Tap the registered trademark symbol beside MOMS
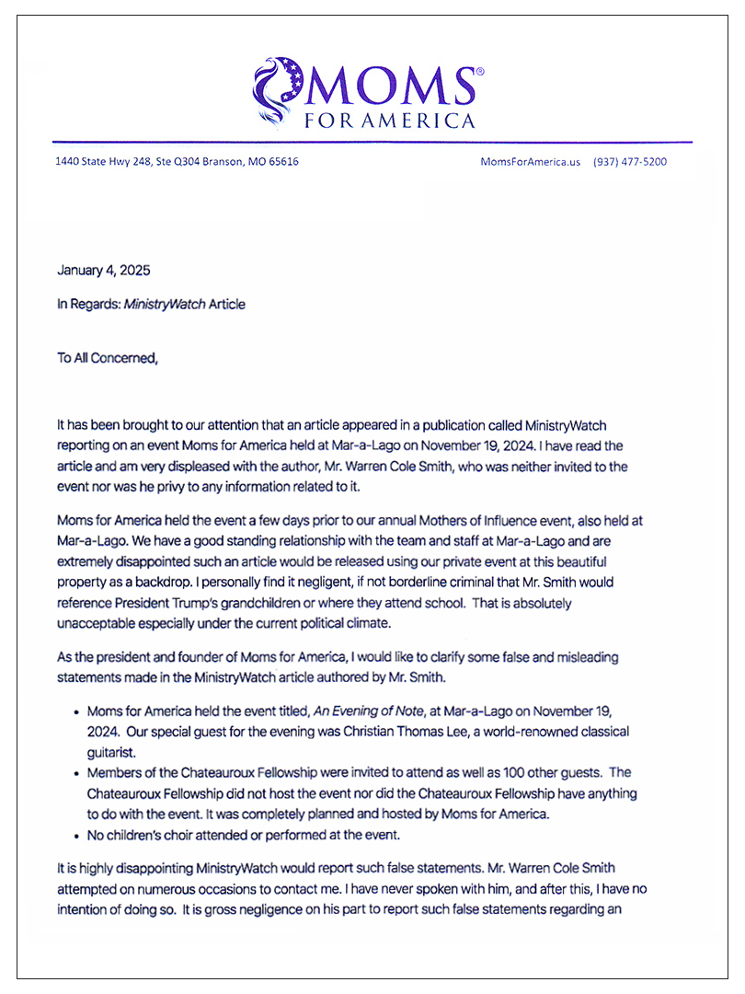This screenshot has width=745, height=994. (x=477, y=71)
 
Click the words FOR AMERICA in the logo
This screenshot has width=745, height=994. (x=398, y=121)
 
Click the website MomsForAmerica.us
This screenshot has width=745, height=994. (x=531, y=162)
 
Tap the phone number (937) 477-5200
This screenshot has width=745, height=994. (x=630, y=162)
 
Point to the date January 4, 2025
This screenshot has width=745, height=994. (x=103, y=271)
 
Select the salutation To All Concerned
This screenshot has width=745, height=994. (x=108, y=358)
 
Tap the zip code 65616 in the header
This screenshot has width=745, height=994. (x=281, y=162)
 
